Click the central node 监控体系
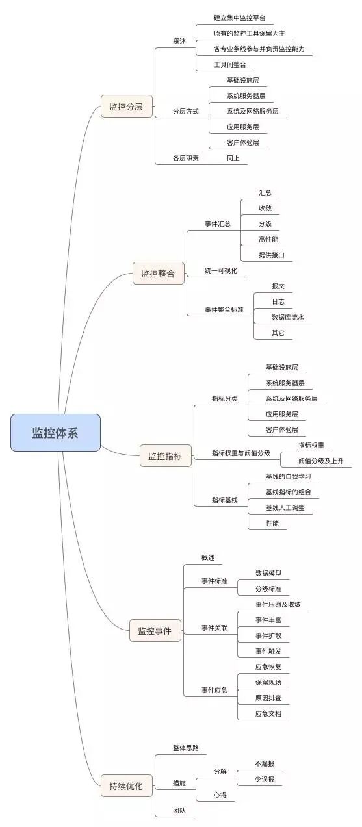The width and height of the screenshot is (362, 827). (55, 433)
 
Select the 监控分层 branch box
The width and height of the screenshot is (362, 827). (126, 107)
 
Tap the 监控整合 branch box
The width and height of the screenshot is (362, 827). (158, 274)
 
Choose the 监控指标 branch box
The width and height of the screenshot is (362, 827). (165, 456)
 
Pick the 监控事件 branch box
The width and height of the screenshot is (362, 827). (155, 630)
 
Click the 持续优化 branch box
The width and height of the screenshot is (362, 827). (126, 785)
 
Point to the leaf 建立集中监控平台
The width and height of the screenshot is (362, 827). (240, 18)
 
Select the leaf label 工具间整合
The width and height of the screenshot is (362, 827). (230, 64)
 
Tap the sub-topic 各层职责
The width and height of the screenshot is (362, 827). (186, 158)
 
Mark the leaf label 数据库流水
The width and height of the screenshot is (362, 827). (288, 318)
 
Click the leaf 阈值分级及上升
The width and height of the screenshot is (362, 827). (321, 461)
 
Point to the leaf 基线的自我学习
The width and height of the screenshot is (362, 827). (289, 476)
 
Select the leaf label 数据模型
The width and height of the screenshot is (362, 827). (268, 574)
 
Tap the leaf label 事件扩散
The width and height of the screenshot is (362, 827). (268, 635)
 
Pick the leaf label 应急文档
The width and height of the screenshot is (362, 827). (268, 713)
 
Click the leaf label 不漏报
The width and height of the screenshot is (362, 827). (265, 763)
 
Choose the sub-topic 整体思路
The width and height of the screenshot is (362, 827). (186, 748)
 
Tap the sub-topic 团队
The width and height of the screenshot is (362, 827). (179, 810)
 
